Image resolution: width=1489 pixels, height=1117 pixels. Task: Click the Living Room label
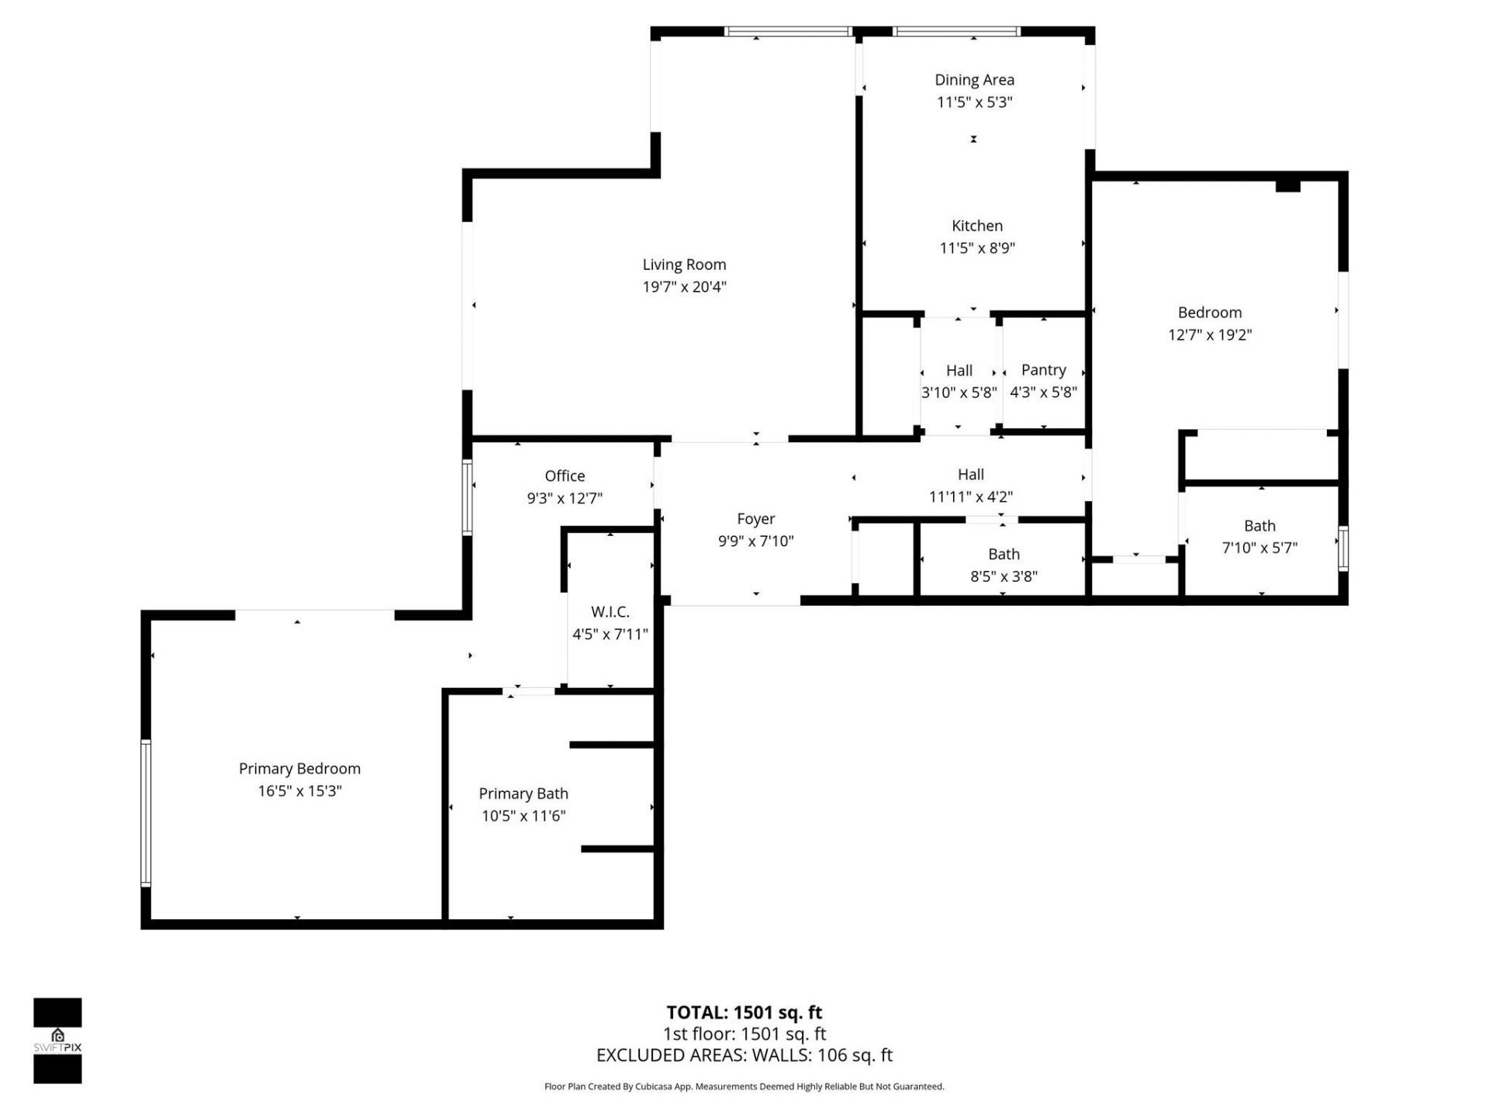click(x=684, y=265)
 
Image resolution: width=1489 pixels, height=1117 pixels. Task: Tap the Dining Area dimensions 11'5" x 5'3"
click(x=974, y=102)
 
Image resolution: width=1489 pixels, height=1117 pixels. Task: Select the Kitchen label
click(x=976, y=226)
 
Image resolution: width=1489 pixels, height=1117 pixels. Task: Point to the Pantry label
click(x=1043, y=370)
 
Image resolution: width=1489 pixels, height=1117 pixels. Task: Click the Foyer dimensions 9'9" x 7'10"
click(x=755, y=541)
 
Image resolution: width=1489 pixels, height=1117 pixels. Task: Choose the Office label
click(x=565, y=476)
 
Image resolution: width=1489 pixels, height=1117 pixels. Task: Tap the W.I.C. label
click(x=610, y=612)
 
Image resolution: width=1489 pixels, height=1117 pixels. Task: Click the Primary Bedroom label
click(x=299, y=768)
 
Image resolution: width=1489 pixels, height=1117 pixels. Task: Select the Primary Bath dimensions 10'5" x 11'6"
click(x=523, y=815)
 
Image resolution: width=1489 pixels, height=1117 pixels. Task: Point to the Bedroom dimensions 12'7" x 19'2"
click(x=1210, y=334)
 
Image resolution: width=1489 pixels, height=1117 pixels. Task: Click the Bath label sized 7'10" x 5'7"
click(x=1259, y=525)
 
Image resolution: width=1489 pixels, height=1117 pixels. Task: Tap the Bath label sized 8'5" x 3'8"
click(x=1004, y=554)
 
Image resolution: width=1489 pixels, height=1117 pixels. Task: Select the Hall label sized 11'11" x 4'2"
click(x=970, y=474)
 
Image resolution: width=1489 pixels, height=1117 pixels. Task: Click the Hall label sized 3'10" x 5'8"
click(x=959, y=371)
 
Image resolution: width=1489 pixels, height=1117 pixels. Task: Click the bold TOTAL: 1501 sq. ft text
click(x=744, y=1012)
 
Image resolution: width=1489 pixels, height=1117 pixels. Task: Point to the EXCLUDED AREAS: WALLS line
click(x=744, y=1055)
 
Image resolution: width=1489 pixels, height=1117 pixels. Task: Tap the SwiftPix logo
click(x=57, y=1040)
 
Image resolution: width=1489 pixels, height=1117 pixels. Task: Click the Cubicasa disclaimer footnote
click(x=744, y=1087)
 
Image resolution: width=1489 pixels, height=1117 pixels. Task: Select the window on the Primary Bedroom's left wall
click(x=145, y=812)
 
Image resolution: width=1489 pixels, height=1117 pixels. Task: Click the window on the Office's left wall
click(x=467, y=497)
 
